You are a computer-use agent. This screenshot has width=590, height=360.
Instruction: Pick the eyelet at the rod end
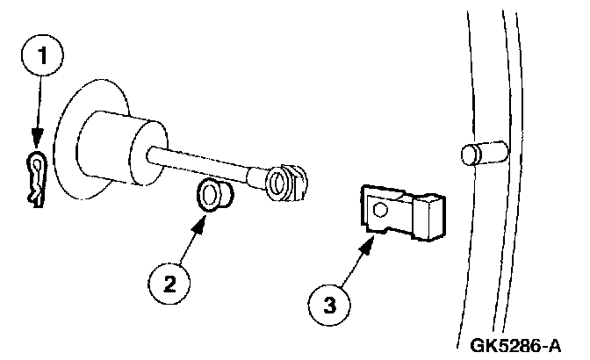click(x=277, y=182)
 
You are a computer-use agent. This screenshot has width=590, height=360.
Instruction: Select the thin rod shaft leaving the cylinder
click(x=206, y=164)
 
